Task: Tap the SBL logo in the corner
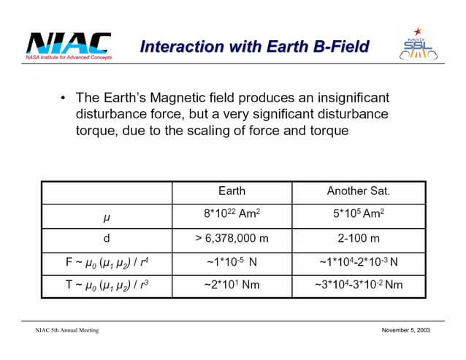coord(417,47)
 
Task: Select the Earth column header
coord(232,191)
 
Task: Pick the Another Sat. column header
coord(358,191)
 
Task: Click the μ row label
coord(107,217)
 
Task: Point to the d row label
coord(107,238)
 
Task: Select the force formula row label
coord(107,261)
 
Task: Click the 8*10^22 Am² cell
coord(232,215)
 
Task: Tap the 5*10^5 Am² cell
coord(358,215)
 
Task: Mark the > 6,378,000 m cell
coord(232,238)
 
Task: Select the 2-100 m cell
coord(358,238)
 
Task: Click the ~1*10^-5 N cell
coord(232,261)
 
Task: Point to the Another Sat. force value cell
coord(358,261)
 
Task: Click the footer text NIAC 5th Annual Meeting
coord(66,331)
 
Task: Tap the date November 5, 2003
coord(405,331)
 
